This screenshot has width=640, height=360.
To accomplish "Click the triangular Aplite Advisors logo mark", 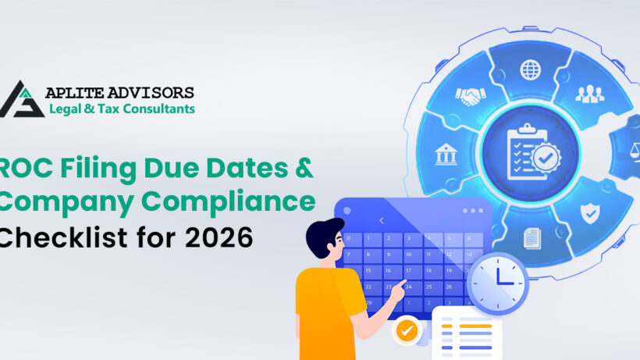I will (21, 98).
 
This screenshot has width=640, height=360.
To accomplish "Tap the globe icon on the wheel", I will (531, 70).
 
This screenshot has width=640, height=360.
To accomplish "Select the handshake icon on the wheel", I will (471, 94).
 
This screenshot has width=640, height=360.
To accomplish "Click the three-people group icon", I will (590, 94).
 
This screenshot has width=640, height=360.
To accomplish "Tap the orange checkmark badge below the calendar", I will (405, 330).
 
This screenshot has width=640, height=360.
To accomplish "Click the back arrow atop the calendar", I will (382, 221).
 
